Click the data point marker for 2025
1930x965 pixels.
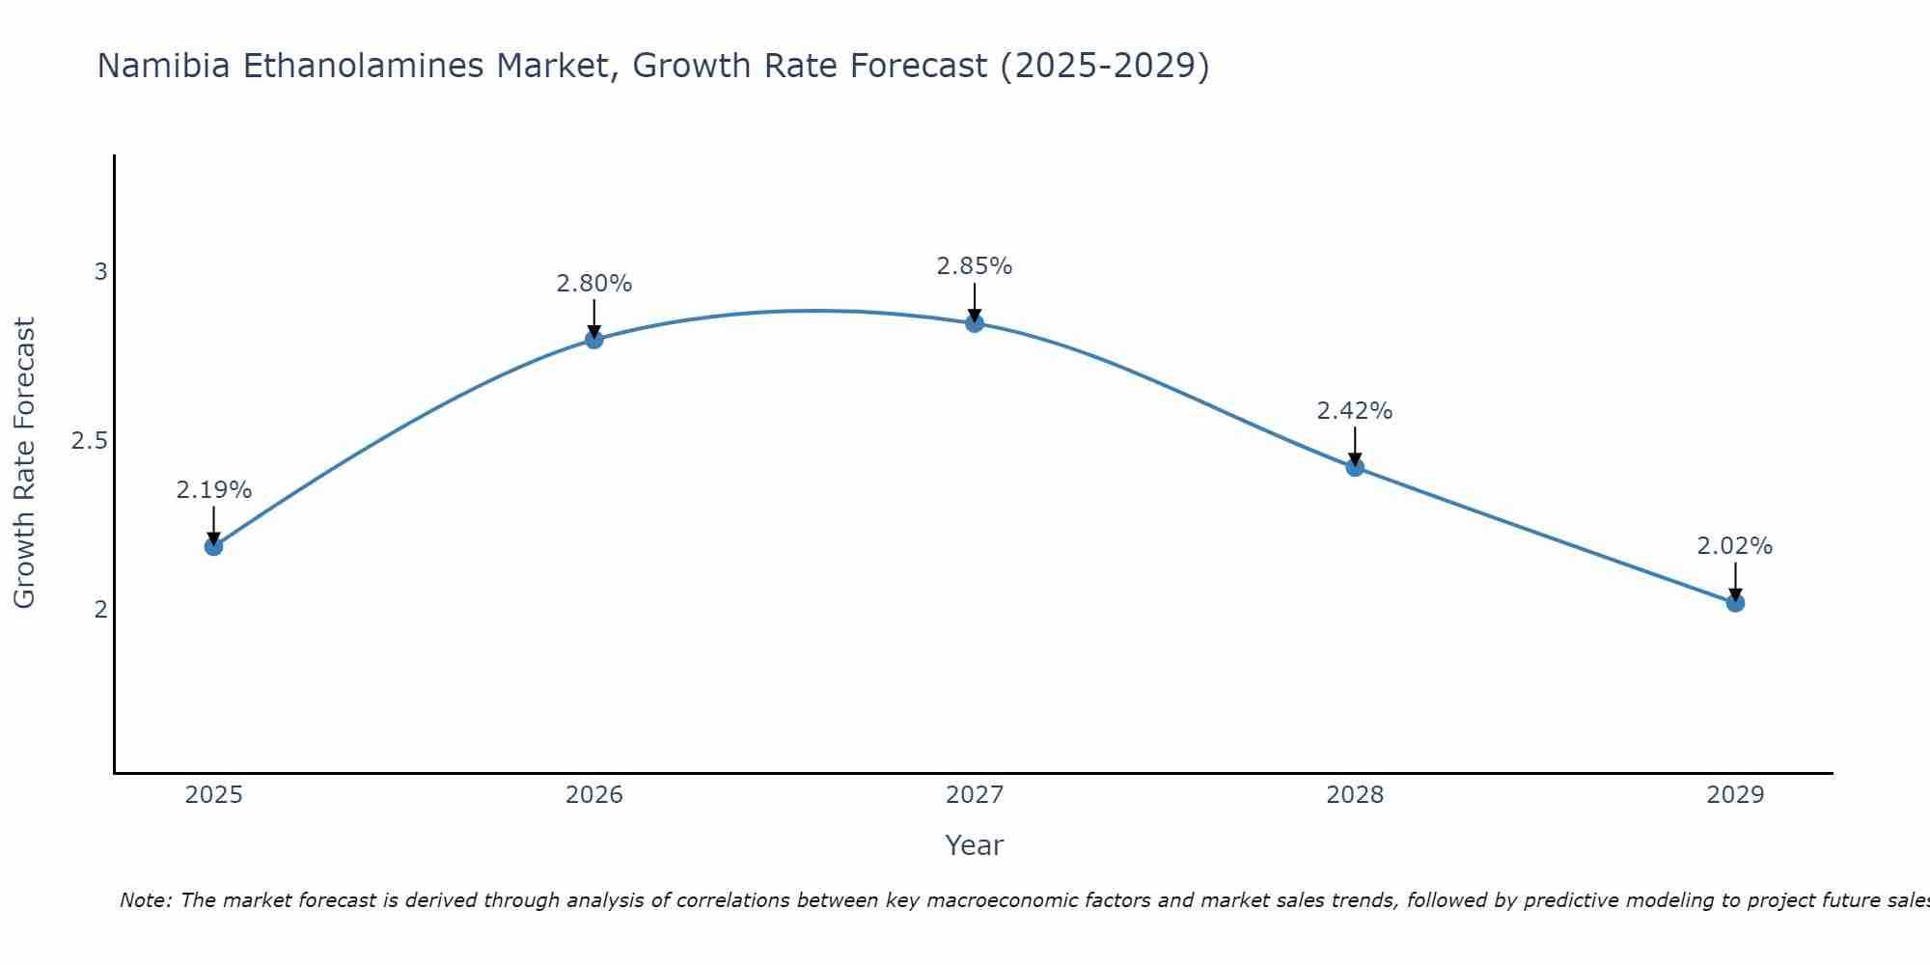point(213,546)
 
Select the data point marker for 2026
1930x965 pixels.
point(594,339)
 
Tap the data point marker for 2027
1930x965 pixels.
point(975,323)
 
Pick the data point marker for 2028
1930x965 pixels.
point(1355,467)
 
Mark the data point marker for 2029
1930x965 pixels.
point(1735,603)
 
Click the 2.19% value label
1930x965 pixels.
point(213,490)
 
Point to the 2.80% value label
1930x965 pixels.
point(594,284)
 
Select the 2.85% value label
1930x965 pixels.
point(975,266)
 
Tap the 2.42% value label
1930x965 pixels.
point(1355,411)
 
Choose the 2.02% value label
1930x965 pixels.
point(1735,546)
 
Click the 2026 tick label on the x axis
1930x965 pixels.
point(594,795)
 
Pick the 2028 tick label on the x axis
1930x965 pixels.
point(1355,795)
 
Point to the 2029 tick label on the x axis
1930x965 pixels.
point(1735,795)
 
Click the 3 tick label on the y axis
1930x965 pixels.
point(100,272)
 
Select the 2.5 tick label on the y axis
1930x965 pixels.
point(89,441)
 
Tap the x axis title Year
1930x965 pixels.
point(975,845)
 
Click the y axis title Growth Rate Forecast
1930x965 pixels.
point(24,463)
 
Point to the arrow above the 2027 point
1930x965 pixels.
point(975,302)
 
